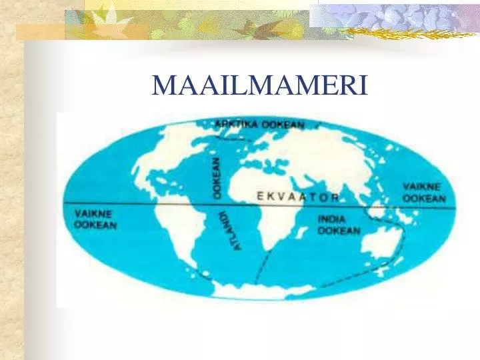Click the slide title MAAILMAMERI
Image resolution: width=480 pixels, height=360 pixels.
[x=259, y=85]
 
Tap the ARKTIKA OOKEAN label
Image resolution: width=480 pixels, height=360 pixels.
[x=259, y=124]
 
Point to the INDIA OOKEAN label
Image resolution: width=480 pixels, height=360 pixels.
[x=339, y=225]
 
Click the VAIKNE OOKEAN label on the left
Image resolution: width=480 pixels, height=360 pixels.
[x=95, y=219]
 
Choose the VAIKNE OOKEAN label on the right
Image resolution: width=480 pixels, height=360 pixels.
[x=424, y=192]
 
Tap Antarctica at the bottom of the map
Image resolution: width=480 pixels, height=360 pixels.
[x=260, y=292]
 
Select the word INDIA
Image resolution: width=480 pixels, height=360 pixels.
[x=331, y=219]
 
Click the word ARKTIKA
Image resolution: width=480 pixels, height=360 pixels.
[x=237, y=123]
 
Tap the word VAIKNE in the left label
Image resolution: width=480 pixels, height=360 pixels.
[x=93, y=214]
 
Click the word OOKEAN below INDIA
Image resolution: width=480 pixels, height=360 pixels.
[x=339, y=231]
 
